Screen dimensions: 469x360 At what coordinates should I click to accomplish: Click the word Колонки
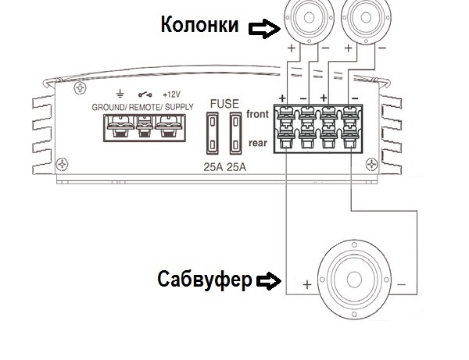pyautogui.click(x=200, y=24)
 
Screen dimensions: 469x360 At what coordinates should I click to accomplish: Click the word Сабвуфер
pyautogui.click(x=205, y=280)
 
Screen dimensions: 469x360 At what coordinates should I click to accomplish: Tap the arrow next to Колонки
pyautogui.click(x=265, y=29)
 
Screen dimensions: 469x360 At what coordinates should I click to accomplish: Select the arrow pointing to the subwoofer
pyautogui.click(x=269, y=281)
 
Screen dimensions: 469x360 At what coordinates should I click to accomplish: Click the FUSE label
pyautogui.click(x=224, y=104)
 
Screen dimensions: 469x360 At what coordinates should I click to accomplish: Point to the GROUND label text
pyautogui.click(x=109, y=107)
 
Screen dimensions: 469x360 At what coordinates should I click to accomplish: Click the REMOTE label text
pyautogui.click(x=145, y=107)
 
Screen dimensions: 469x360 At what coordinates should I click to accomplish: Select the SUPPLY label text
pyautogui.click(x=179, y=107)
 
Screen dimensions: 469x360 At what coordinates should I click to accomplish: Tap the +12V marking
pyautogui.click(x=171, y=94)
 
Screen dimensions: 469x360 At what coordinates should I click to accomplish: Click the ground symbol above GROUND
pyautogui.click(x=120, y=94)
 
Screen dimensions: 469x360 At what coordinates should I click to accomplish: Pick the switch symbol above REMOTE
pyautogui.click(x=145, y=94)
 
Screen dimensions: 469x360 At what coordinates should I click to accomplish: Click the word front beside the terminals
pyautogui.click(x=257, y=114)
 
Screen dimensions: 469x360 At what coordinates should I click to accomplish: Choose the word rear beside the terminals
pyautogui.click(x=258, y=143)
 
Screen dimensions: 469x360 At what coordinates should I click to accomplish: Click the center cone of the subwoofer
pyautogui.click(x=354, y=280)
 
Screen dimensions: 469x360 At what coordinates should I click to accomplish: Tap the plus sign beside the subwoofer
pyautogui.click(x=307, y=285)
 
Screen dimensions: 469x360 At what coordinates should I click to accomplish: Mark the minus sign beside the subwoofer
pyautogui.click(x=402, y=285)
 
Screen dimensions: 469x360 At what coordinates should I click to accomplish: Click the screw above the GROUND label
pyautogui.click(x=80, y=88)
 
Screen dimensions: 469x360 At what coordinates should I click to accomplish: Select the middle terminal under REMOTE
pyautogui.click(x=145, y=127)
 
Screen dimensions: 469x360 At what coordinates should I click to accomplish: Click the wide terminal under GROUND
pyautogui.click(x=120, y=127)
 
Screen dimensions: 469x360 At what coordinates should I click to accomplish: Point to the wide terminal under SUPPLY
pyautogui.click(x=168, y=127)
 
